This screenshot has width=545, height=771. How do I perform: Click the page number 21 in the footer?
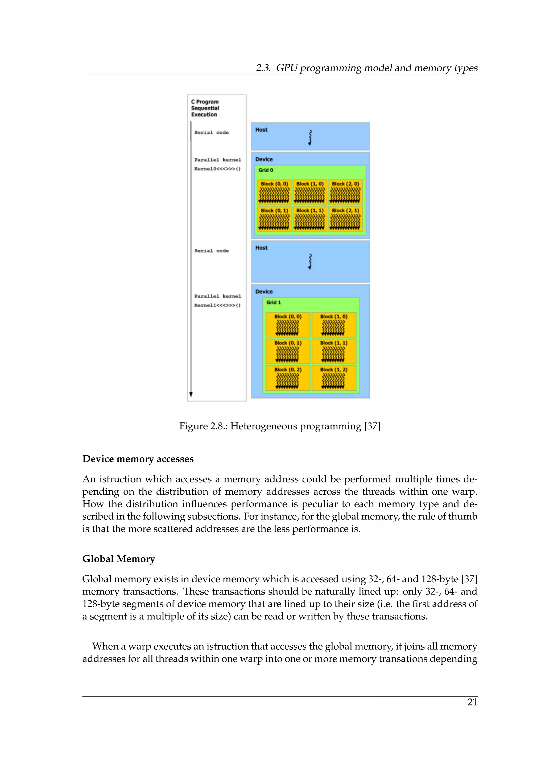(x=472, y=702)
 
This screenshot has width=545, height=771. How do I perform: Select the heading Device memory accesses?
(x=138, y=459)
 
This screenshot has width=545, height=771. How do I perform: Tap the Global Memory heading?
(x=119, y=559)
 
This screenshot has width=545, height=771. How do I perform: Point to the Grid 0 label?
(x=266, y=170)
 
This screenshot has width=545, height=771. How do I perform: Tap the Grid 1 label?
(x=274, y=302)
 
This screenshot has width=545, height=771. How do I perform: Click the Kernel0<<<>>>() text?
(x=217, y=169)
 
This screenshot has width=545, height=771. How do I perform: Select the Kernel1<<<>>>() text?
(x=217, y=305)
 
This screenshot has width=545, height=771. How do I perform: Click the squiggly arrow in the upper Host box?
(x=310, y=137)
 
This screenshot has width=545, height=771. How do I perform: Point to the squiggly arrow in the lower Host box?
(x=310, y=262)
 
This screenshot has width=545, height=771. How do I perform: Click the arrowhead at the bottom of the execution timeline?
(x=191, y=394)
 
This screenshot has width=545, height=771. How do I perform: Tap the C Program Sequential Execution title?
(x=205, y=108)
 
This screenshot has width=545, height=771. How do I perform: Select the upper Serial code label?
(x=211, y=132)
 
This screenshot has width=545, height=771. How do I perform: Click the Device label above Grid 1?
(x=264, y=292)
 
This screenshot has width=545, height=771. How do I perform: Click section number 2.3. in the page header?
(x=263, y=68)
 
